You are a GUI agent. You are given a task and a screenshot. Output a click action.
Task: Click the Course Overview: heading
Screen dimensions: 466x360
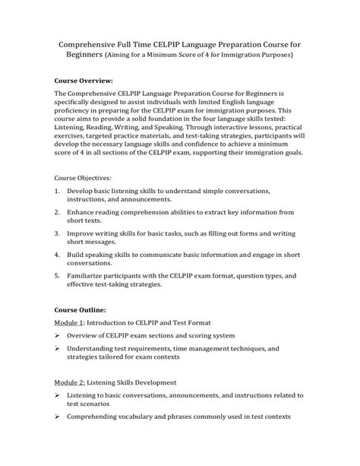point(84,80)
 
